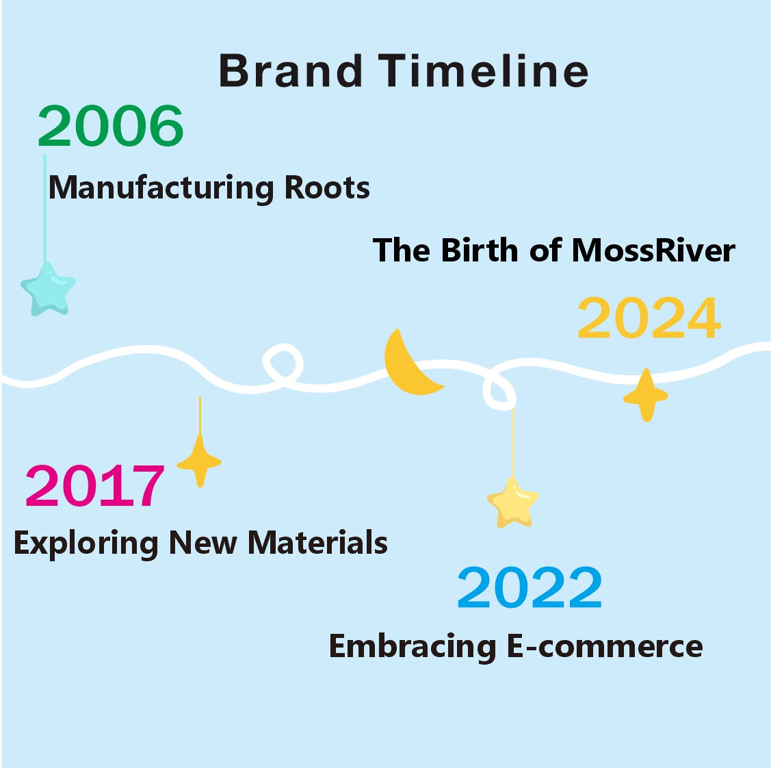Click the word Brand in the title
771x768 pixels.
pyautogui.click(x=291, y=71)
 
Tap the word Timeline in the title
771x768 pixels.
pyautogui.click(x=483, y=71)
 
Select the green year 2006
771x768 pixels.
pyautogui.click(x=111, y=125)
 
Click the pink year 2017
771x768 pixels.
pyautogui.click(x=94, y=485)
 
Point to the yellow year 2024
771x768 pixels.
pyautogui.click(x=649, y=318)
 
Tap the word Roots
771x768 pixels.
pyautogui.click(x=327, y=188)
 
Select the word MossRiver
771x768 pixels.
pyautogui.click(x=653, y=250)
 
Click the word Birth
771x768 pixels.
pyautogui.click(x=480, y=250)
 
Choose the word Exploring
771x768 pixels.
pyautogui.click(x=86, y=543)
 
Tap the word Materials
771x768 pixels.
pyautogui.click(x=317, y=542)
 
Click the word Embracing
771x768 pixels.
pyautogui.click(x=413, y=647)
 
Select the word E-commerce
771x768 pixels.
pyautogui.click(x=604, y=646)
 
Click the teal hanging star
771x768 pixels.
pyautogui.click(x=48, y=289)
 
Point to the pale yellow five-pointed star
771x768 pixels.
pyautogui.click(x=512, y=502)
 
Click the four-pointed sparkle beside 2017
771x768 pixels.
pyautogui.click(x=199, y=461)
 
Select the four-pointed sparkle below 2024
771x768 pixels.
pyautogui.click(x=646, y=396)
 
